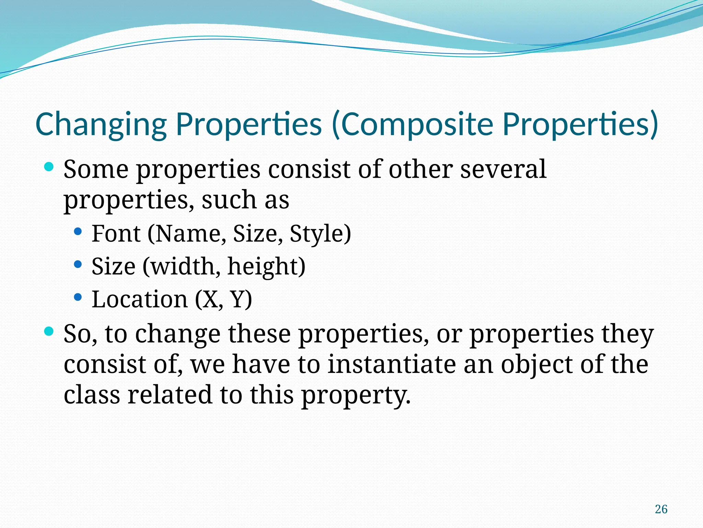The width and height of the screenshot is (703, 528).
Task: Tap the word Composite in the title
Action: [x=417, y=124]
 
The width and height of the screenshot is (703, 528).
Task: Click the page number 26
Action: [x=661, y=509]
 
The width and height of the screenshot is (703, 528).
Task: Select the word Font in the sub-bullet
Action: [x=116, y=234]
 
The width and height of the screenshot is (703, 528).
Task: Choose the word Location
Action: [x=139, y=299]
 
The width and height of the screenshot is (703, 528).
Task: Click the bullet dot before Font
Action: [x=78, y=231]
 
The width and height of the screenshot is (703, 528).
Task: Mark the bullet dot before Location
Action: [x=78, y=297]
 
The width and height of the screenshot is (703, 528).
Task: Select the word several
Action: [x=503, y=169]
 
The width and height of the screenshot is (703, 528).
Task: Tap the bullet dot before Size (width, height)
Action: [x=78, y=264]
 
